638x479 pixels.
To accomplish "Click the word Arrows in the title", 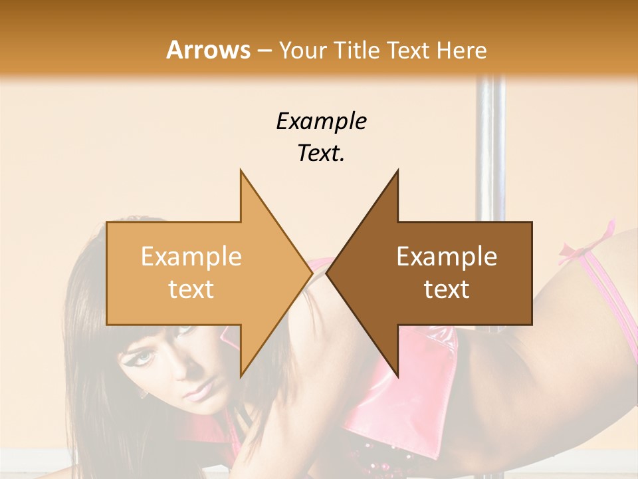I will [209, 50].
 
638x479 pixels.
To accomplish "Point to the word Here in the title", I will [461, 51].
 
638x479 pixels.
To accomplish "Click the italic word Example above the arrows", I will [321, 122].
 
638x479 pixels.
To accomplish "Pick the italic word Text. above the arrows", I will [321, 154].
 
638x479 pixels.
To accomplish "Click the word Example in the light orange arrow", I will [191, 257].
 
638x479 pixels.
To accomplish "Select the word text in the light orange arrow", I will [191, 289].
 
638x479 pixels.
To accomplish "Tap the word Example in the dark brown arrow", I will [447, 257].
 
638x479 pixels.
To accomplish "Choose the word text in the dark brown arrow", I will [447, 289].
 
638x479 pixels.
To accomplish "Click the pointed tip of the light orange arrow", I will [312, 273].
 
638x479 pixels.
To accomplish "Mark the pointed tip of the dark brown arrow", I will [328, 273].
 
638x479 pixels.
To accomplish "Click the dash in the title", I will [264, 51].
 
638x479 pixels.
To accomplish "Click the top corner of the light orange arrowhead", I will [241, 171].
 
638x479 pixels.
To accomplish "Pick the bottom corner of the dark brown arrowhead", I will [397, 376].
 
